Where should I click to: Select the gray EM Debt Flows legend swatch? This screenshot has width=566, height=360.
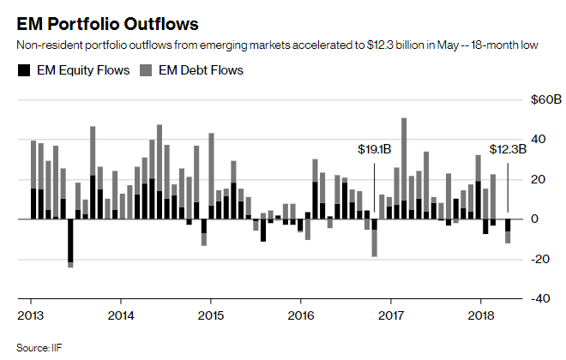[x=148, y=70]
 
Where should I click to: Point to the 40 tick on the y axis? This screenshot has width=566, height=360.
[x=539, y=140]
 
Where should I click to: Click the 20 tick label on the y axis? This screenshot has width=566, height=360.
[x=539, y=179]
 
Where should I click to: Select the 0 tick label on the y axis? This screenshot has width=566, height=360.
[x=535, y=219]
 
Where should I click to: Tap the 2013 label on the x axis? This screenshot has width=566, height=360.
[x=31, y=315]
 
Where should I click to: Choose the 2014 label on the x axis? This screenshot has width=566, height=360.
[x=121, y=315]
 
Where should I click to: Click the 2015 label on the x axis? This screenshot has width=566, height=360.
[x=211, y=315]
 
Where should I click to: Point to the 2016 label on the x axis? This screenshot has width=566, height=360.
[x=301, y=315]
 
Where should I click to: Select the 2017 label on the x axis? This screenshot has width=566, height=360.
[x=391, y=315]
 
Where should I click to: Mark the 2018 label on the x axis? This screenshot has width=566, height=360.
[x=480, y=315]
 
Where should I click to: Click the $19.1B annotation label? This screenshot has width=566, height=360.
[x=375, y=149]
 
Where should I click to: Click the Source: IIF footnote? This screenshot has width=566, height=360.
[x=38, y=347]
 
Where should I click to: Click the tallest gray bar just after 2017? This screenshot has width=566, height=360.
[x=404, y=154]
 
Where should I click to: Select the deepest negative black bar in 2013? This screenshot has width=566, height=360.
[x=70, y=241]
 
